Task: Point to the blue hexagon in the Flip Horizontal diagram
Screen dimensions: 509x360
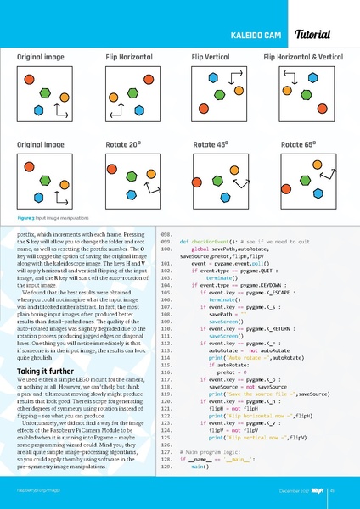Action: [155, 101]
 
